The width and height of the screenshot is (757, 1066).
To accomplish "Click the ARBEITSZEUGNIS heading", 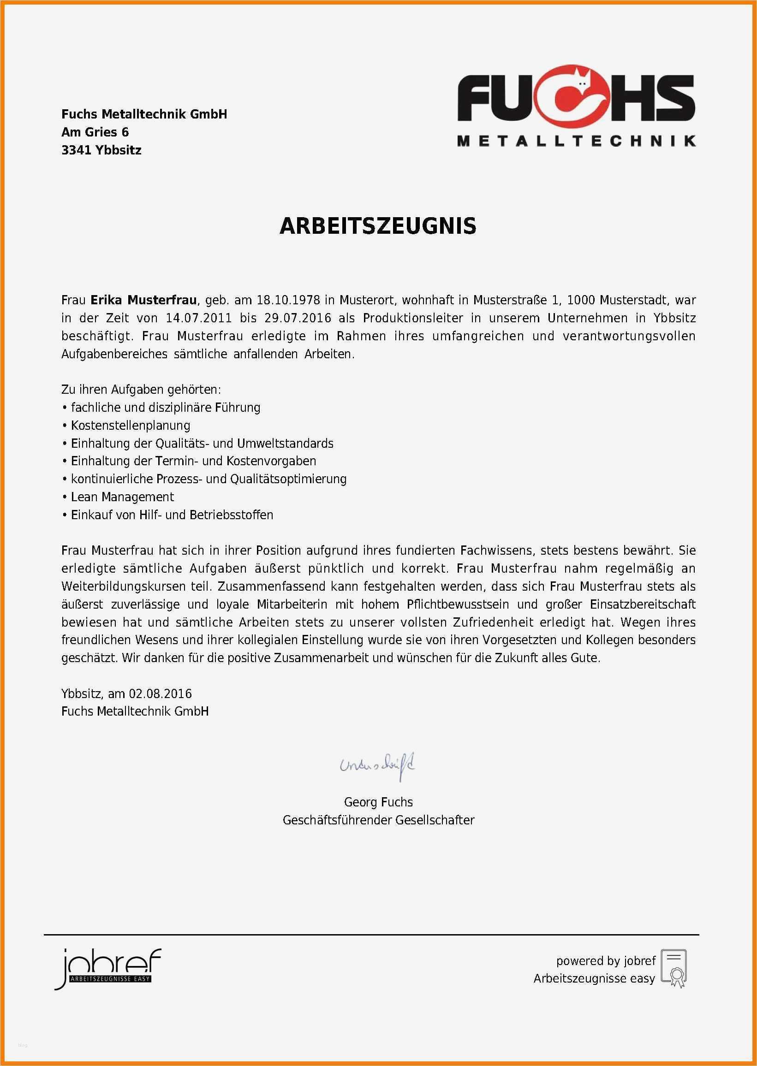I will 377,226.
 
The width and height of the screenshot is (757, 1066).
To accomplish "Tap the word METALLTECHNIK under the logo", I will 576,141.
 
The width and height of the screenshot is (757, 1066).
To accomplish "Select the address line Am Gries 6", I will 95,132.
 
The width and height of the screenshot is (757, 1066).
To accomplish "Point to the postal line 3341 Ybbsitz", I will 101,150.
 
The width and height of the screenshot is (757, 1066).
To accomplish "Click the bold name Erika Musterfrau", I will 143,300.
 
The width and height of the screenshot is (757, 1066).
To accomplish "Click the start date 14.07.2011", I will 199,318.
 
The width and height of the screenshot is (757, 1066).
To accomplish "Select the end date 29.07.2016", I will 298,318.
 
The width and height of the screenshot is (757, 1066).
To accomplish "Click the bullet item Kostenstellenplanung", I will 131,426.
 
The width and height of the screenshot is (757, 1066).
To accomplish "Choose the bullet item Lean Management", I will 122,497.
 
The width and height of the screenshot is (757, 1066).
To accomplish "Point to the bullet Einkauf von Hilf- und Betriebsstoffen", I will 172,515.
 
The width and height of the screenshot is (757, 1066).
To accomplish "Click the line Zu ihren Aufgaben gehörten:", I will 141,390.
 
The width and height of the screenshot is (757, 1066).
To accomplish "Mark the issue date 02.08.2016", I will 161,694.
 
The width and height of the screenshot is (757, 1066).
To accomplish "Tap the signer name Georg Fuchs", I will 378,802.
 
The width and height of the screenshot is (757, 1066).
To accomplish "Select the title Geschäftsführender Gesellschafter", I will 378,820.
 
